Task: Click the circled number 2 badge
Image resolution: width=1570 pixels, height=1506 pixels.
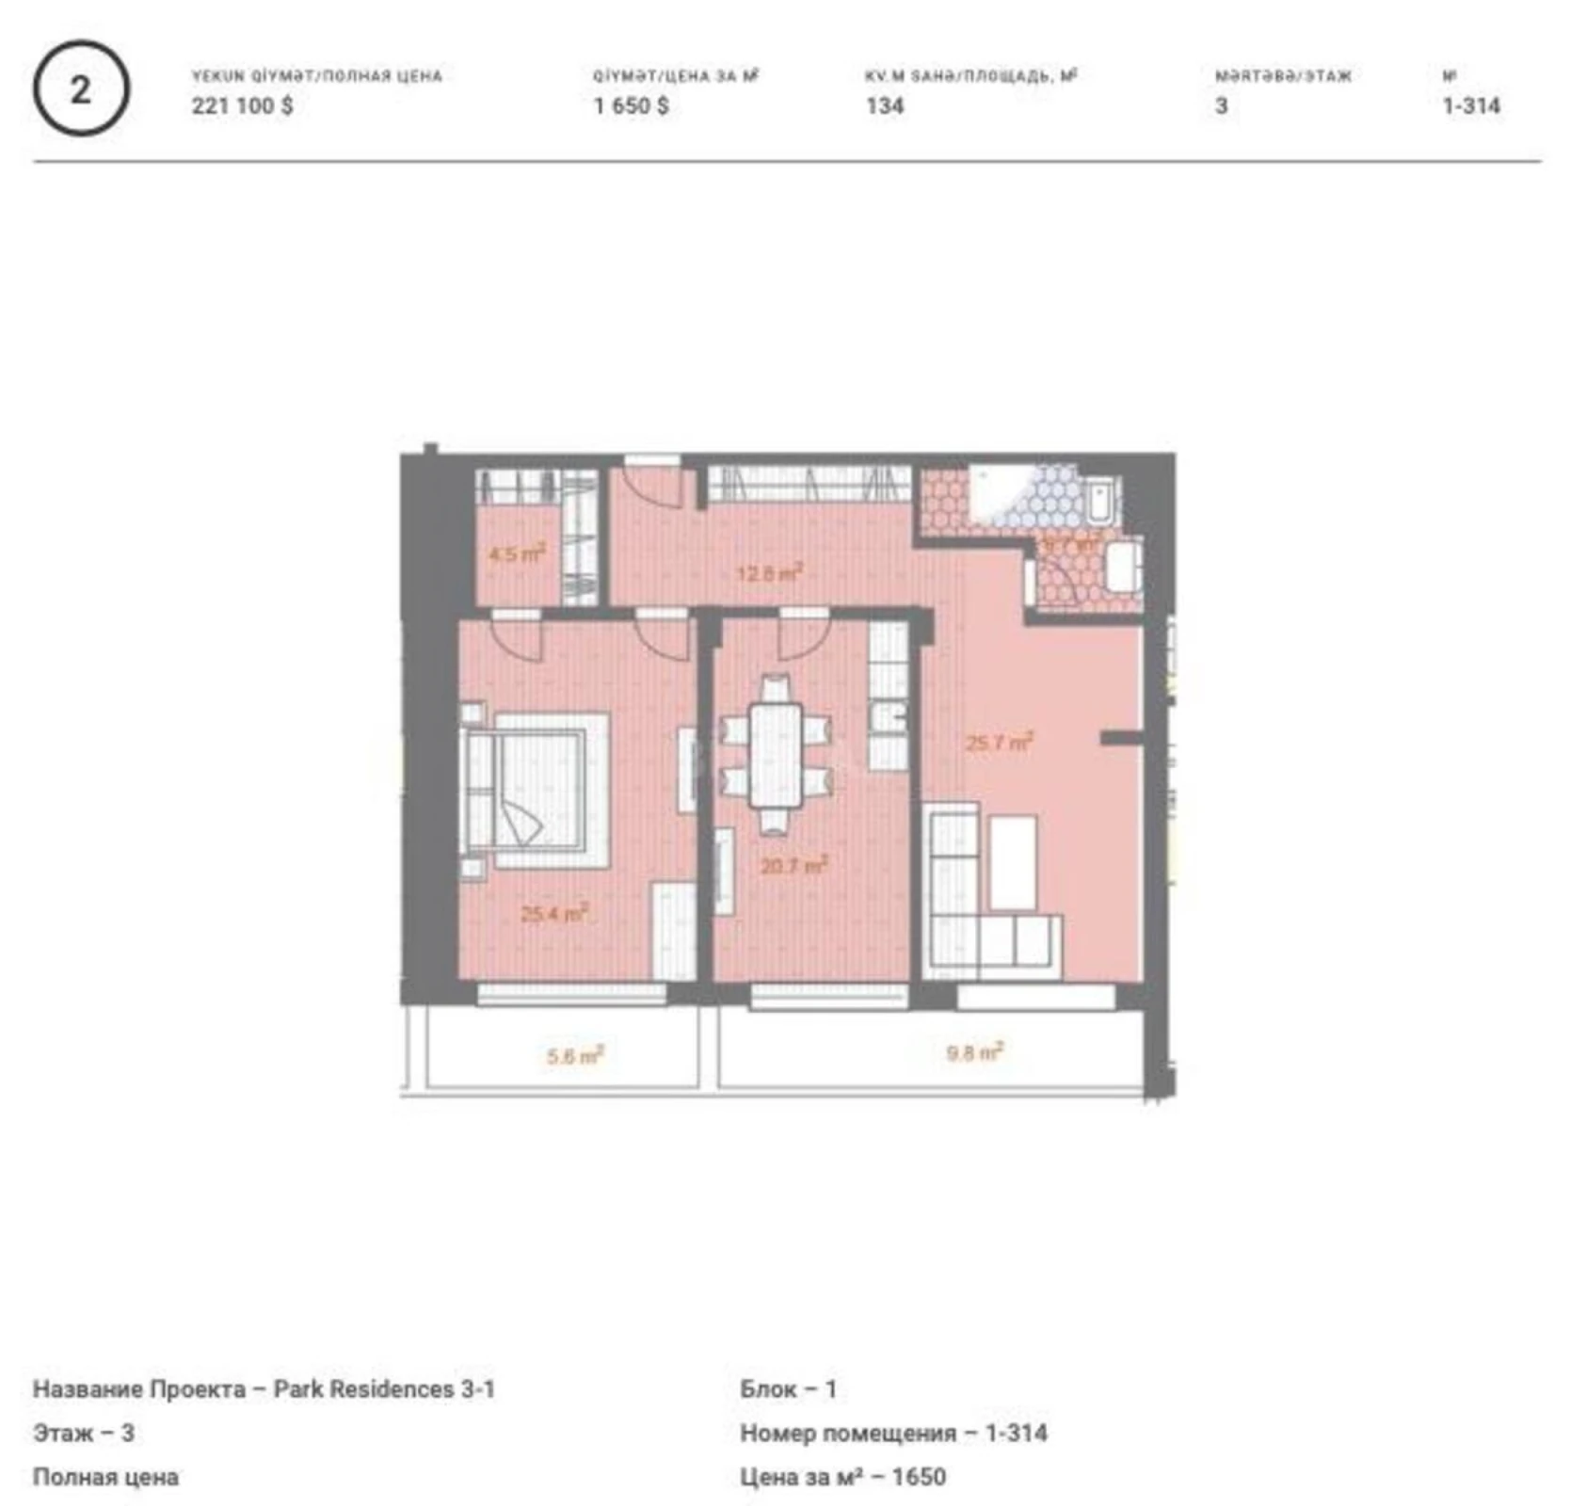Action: pyautogui.click(x=81, y=89)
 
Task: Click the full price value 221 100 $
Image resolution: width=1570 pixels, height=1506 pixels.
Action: pyautogui.click(x=242, y=105)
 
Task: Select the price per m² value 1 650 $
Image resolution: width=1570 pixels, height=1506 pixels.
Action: pyautogui.click(x=631, y=105)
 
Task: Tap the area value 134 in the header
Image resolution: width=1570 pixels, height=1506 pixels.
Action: pyautogui.click(x=885, y=105)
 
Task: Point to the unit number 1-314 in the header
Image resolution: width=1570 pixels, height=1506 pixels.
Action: pyautogui.click(x=1471, y=105)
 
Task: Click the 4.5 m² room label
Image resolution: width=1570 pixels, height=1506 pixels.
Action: pyautogui.click(x=517, y=553)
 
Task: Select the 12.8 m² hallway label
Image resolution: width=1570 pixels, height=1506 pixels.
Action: pyautogui.click(x=769, y=571)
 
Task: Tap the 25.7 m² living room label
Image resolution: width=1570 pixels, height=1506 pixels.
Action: pyautogui.click(x=999, y=743)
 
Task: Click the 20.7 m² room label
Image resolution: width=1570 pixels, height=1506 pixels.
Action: pyautogui.click(x=793, y=864)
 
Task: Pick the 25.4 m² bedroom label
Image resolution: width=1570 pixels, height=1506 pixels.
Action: pyautogui.click(x=554, y=913)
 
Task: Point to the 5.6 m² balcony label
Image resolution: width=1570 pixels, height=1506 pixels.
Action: pyautogui.click(x=574, y=1056)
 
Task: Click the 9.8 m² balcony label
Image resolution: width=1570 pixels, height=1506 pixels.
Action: pyautogui.click(x=974, y=1052)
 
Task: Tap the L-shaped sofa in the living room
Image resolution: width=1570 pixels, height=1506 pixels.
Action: pyautogui.click(x=979, y=913)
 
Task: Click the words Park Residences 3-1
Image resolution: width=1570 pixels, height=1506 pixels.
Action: pyautogui.click(x=384, y=1389)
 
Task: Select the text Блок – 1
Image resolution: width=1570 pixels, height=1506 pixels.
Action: pyautogui.click(x=788, y=1389)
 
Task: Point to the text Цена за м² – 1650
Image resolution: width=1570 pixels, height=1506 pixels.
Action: pyautogui.click(x=842, y=1477)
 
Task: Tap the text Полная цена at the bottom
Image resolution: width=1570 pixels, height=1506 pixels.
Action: pyautogui.click(x=105, y=1477)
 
